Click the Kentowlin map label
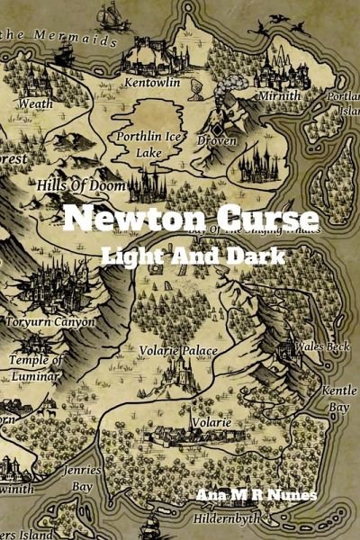pos(153,83)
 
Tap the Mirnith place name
pos(279,94)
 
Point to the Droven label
pos(218,141)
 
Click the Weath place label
pos(35,103)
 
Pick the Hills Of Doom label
pos(80,184)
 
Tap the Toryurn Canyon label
pos(50,321)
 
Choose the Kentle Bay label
pos(339,398)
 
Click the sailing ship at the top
pos(112,14)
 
